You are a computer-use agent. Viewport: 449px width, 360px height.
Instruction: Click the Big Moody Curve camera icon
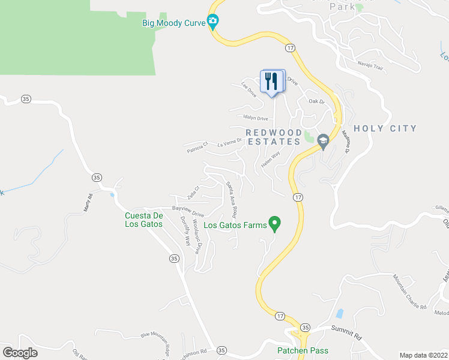tap(212, 23)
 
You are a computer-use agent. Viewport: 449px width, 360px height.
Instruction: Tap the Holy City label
tap(385, 128)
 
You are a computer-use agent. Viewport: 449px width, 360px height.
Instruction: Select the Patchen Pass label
tap(303, 350)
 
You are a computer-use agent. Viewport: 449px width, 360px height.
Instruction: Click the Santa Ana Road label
tap(231, 199)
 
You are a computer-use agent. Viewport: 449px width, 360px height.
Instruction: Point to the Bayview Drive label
tap(188, 211)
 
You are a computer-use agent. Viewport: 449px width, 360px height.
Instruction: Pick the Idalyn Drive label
tap(255, 118)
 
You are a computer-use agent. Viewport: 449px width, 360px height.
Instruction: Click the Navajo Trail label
tap(370, 63)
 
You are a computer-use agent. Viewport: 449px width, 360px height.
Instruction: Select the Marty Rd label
tap(88, 204)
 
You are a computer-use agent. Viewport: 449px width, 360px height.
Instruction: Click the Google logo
tap(20, 353)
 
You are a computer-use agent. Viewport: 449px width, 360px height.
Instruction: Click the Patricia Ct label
tap(196, 146)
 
